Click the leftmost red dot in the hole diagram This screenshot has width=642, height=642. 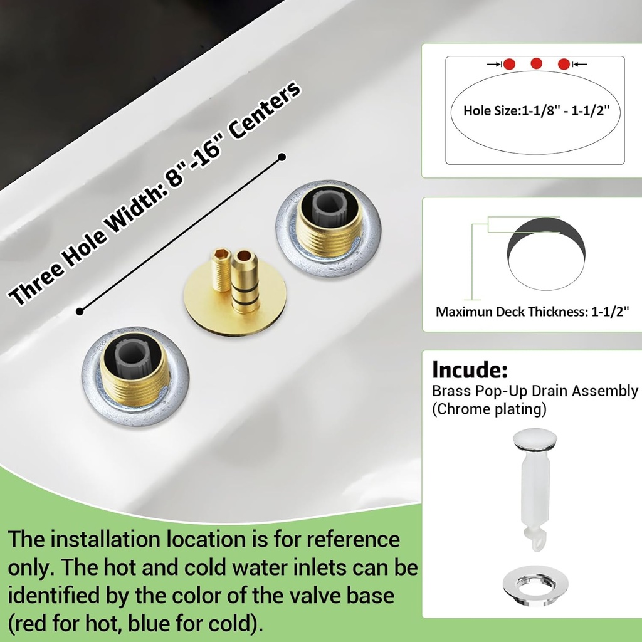[509, 65]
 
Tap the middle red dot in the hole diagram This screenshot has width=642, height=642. [537, 63]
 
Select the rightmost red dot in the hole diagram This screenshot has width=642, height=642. [564, 65]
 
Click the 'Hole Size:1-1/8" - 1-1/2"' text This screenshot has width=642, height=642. [536, 110]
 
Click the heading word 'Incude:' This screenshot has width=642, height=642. [470, 369]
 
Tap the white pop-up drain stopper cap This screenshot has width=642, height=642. [535, 438]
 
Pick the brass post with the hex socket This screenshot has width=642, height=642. [220, 270]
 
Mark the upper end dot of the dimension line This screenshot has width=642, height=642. [282, 157]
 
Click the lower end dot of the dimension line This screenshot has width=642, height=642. [80, 312]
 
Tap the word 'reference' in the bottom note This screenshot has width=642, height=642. [353, 539]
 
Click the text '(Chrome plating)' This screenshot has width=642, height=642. [489, 409]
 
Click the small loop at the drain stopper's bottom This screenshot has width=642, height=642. [537, 540]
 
